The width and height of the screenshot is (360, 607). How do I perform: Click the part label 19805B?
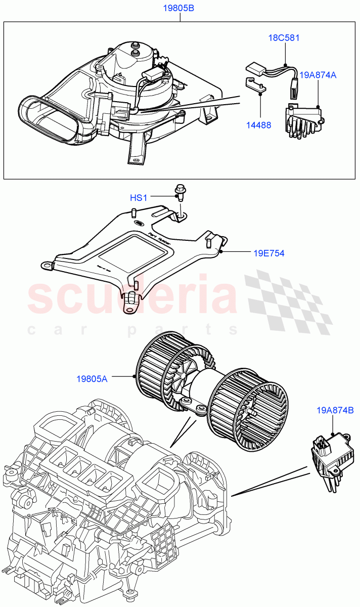pos(178,9)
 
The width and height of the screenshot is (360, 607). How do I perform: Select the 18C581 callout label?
pos(284,38)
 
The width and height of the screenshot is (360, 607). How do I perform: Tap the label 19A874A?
pos(318,75)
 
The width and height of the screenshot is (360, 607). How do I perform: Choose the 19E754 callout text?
pos(268,253)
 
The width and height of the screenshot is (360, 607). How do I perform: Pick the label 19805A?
pos(92,377)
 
